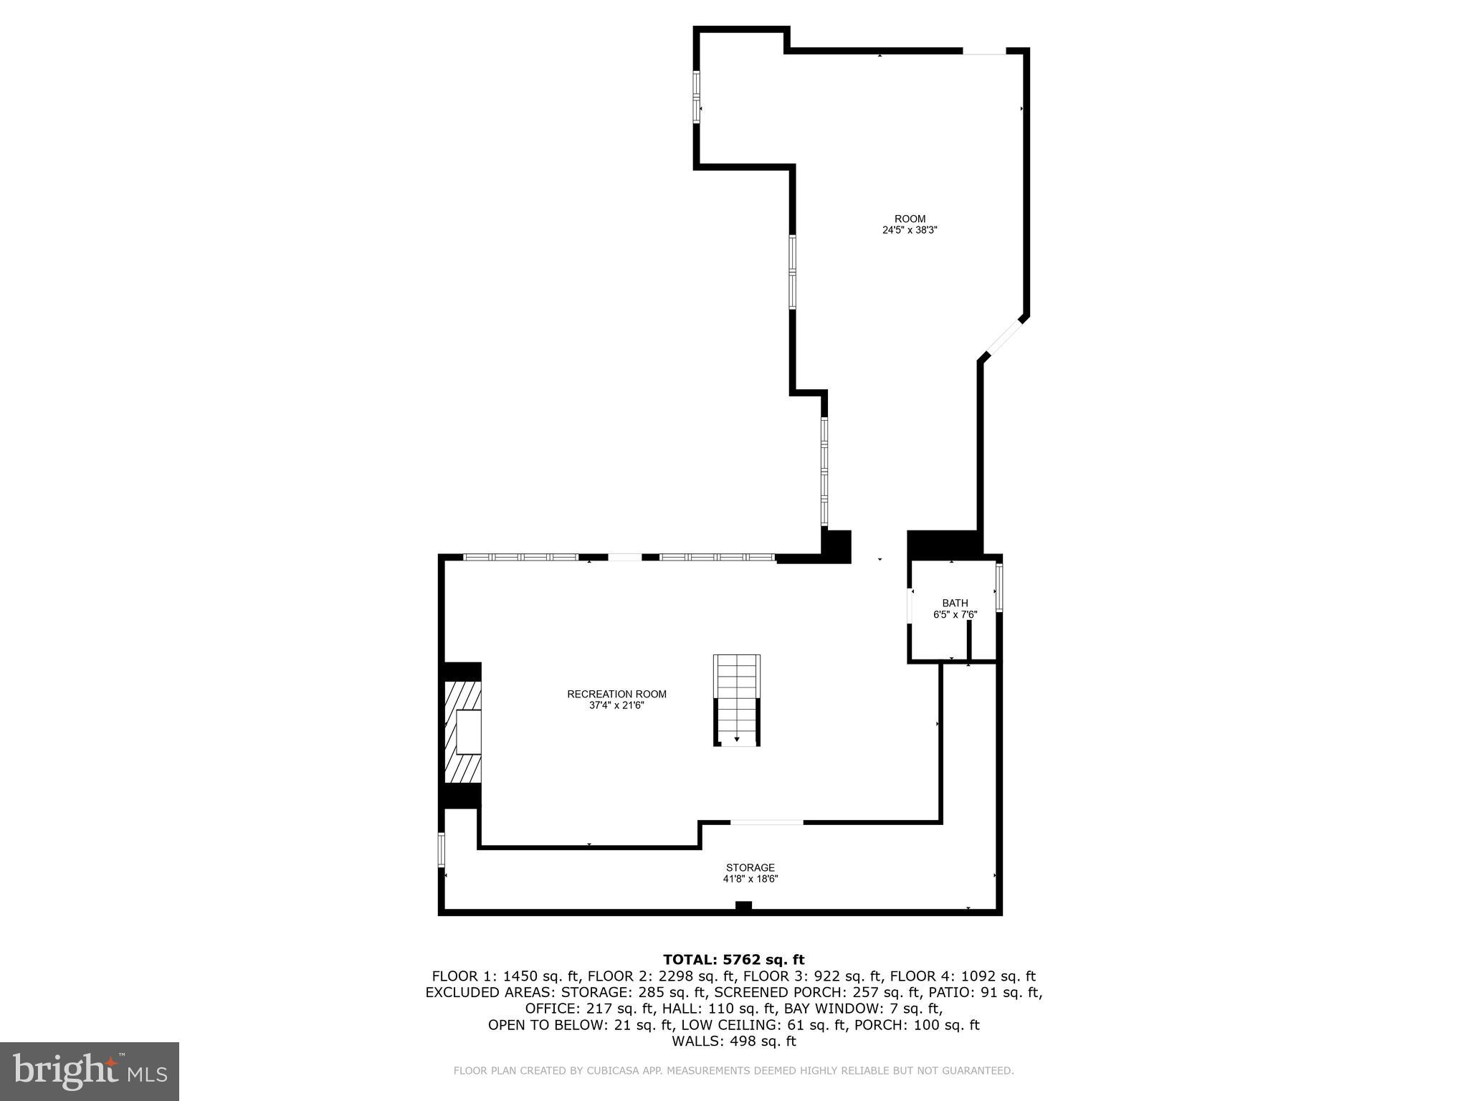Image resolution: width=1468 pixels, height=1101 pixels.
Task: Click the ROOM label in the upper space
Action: click(x=910, y=219)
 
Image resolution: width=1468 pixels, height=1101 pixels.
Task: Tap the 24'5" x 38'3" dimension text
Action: click(x=910, y=231)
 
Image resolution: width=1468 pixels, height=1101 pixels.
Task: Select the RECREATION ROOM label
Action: click(x=616, y=694)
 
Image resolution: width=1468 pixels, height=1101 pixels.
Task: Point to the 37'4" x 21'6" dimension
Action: click(x=616, y=705)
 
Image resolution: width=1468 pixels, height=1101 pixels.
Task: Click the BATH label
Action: click(x=955, y=603)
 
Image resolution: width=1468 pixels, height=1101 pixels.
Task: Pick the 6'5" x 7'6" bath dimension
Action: click(x=955, y=614)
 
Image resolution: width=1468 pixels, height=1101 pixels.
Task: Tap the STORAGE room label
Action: click(x=750, y=867)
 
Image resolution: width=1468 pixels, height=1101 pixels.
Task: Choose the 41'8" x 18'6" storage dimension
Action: click(x=750, y=879)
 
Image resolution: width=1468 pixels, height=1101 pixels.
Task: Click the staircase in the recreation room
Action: click(x=736, y=700)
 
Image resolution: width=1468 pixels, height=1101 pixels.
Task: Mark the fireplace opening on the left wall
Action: click(x=468, y=731)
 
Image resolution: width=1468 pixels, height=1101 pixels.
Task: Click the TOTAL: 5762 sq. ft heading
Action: click(x=733, y=960)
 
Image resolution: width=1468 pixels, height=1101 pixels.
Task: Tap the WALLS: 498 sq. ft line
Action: click(x=733, y=1042)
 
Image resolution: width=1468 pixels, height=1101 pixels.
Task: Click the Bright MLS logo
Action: click(x=90, y=1071)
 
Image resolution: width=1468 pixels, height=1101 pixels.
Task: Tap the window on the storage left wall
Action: click(x=442, y=849)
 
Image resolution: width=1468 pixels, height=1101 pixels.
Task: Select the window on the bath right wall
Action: click(x=999, y=587)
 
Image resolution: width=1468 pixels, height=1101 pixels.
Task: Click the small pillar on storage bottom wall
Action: click(x=743, y=906)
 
